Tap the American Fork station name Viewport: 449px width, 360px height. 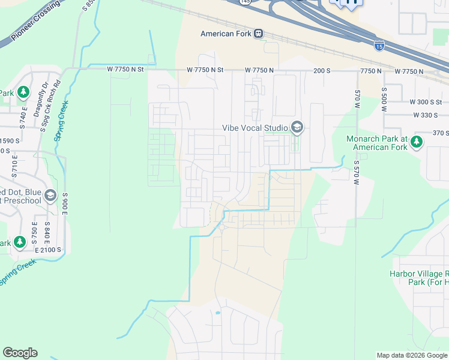click(x=226, y=34)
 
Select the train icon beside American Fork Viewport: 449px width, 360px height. click(x=258, y=34)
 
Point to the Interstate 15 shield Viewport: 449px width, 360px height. click(x=379, y=44)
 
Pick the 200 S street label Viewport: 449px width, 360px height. click(x=322, y=70)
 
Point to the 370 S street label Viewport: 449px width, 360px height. click(x=441, y=133)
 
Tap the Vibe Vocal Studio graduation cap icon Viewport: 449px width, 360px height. click(x=296, y=127)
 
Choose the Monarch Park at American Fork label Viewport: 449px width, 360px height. click(x=376, y=143)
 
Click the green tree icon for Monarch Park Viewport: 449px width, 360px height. click(x=417, y=142)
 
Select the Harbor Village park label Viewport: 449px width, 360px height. click(x=416, y=278)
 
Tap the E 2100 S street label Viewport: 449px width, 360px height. click(x=52, y=250)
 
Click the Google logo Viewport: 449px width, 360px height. click(x=20, y=353)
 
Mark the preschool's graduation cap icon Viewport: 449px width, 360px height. click(x=50, y=196)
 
